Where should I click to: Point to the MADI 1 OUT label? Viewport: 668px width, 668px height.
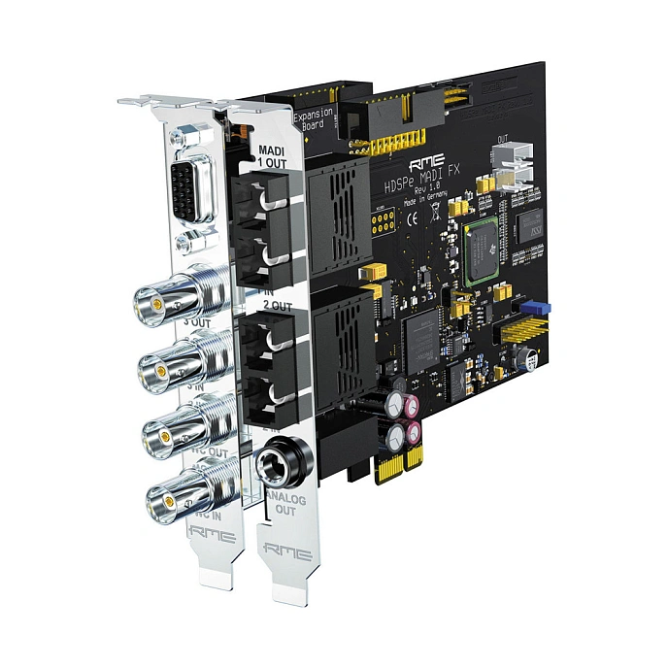(272, 154)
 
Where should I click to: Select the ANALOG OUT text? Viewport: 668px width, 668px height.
(284, 508)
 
